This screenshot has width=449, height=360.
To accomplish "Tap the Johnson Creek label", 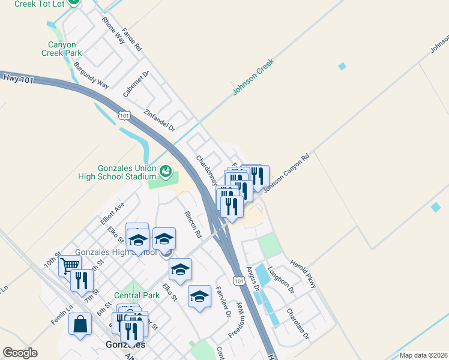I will click(253, 77).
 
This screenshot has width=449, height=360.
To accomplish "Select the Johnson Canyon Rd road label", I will click(285, 174).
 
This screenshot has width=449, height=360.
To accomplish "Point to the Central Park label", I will click(137, 295).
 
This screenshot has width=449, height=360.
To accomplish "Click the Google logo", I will click(20, 353).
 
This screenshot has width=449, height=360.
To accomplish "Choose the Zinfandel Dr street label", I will click(159, 120).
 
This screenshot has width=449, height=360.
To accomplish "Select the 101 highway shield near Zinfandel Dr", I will click(124, 115).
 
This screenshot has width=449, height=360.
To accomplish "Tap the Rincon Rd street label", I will click(193, 223).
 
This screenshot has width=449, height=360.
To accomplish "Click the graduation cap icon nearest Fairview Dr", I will click(200, 296).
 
